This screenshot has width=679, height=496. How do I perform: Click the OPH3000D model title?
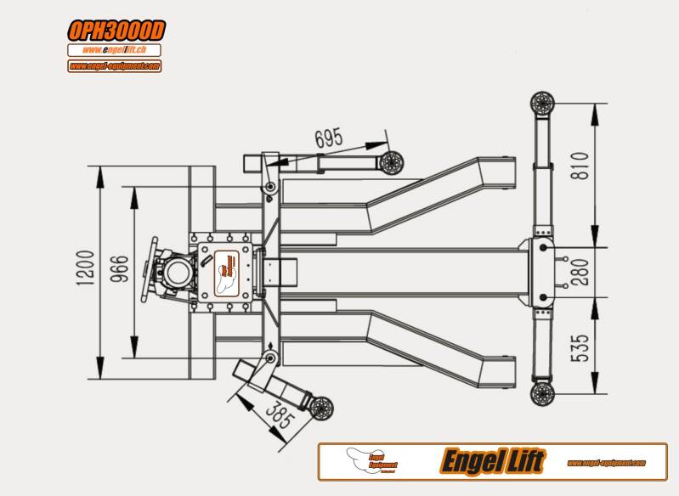(116, 31)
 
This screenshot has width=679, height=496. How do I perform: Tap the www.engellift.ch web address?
(115, 50)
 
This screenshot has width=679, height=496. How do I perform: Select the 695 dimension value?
(329, 137)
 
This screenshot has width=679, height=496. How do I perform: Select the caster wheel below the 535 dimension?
(542, 393)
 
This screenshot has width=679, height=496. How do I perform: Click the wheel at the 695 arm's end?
(391, 162)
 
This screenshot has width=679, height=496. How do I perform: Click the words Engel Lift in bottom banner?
(493, 462)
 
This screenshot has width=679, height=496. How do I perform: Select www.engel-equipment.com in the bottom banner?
(604, 463)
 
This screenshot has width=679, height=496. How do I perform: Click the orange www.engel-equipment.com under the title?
(115, 65)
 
